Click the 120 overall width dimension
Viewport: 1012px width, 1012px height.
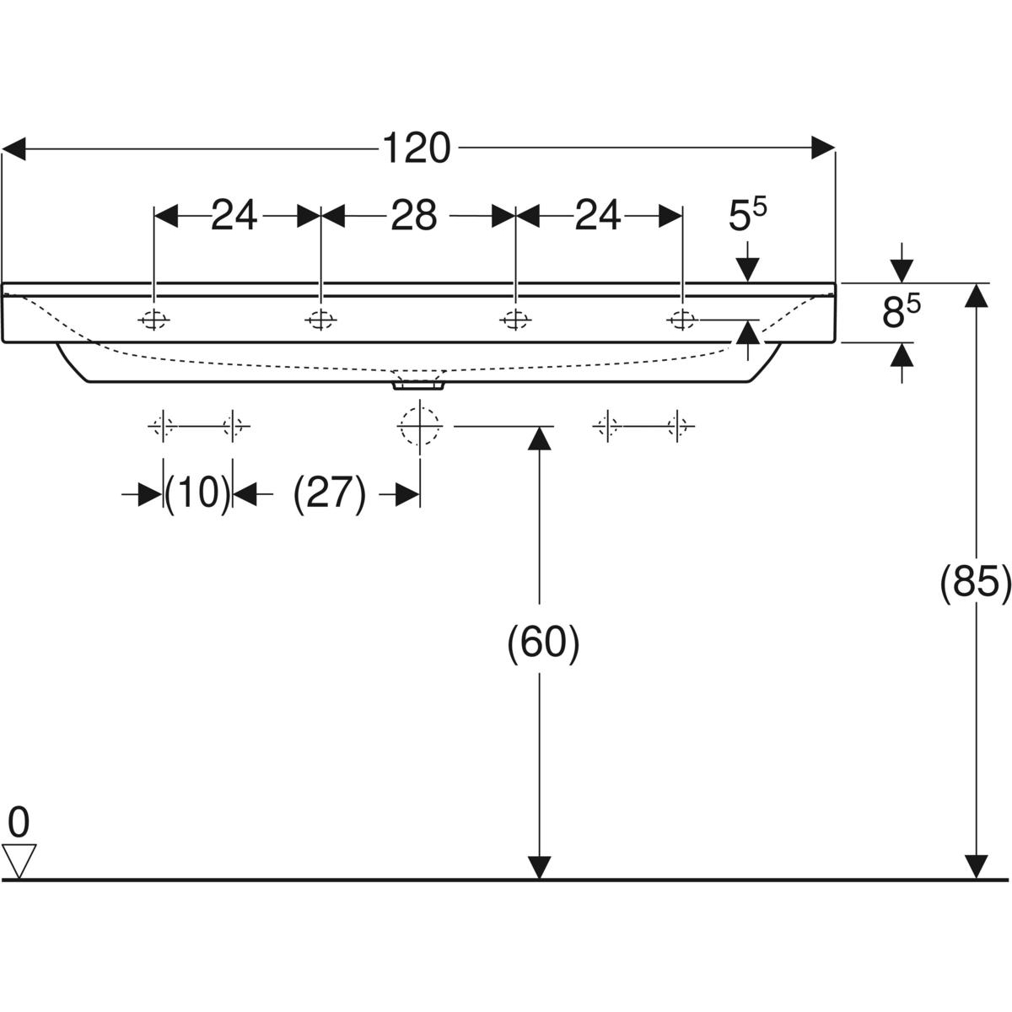click(417, 149)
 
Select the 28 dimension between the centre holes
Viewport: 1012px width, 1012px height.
click(413, 216)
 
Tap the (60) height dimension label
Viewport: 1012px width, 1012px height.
click(543, 643)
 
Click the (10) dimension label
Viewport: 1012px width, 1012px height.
click(197, 494)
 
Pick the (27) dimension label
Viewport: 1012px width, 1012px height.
click(330, 494)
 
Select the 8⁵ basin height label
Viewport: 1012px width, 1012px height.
click(901, 313)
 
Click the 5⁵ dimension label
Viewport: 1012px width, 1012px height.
click(748, 217)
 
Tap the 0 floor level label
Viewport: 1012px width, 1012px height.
click(19, 821)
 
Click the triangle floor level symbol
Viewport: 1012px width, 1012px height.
click(19, 859)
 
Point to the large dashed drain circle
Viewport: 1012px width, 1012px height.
click(420, 425)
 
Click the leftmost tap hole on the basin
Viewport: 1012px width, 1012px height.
click(154, 320)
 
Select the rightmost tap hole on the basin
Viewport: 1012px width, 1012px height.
click(681, 320)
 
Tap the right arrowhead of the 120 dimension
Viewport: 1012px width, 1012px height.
click(823, 149)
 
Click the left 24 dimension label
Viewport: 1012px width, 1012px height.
click(234, 216)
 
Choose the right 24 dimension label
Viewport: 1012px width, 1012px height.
click(598, 216)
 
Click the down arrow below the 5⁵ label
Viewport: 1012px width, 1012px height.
click(747, 269)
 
